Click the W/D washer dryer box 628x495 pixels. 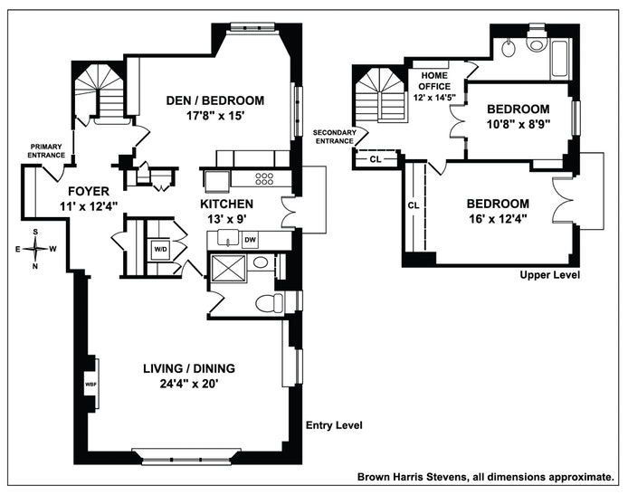point(160,249)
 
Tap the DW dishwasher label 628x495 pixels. point(250,240)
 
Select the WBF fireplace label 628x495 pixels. point(90,384)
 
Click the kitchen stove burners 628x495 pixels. point(264,178)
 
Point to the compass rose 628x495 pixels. point(35,249)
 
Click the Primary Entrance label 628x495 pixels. point(46,151)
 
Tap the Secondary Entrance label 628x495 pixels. point(335,137)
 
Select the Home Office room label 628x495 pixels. point(434,81)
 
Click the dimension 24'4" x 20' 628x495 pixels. point(189,384)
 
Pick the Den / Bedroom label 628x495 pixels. point(215,100)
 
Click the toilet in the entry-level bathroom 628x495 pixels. point(269,303)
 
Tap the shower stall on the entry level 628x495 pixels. point(228,267)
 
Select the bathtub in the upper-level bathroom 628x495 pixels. point(559,59)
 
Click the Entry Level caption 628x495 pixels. point(334,425)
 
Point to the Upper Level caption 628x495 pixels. point(549,275)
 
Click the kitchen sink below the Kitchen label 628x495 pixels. point(228,237)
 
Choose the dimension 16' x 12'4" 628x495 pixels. point(498,219)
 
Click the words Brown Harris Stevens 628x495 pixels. point(412,477)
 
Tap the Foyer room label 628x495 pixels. point(88,191)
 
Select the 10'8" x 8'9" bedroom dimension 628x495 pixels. point(519,125)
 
